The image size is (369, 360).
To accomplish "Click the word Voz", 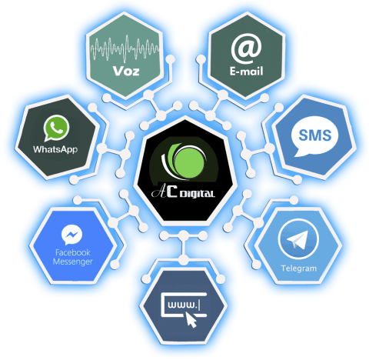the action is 126,71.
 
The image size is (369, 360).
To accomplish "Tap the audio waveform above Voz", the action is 125,48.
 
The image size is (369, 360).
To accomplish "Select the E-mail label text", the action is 246,72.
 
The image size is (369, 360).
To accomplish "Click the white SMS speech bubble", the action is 314,136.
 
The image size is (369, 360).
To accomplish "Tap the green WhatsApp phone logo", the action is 56,128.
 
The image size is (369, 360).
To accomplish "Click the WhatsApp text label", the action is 55,149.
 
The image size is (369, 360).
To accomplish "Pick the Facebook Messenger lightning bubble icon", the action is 71,235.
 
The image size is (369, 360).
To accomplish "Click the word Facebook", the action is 73,252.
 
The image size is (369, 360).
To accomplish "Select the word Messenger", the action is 73,262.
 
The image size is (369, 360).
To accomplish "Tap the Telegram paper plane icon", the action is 298,238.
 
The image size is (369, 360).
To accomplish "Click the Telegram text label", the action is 299,268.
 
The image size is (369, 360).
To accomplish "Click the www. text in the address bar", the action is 182,305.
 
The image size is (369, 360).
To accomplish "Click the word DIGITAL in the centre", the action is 197,194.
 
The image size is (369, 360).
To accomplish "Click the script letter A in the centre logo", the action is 158,192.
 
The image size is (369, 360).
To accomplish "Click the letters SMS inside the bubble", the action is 315,135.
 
